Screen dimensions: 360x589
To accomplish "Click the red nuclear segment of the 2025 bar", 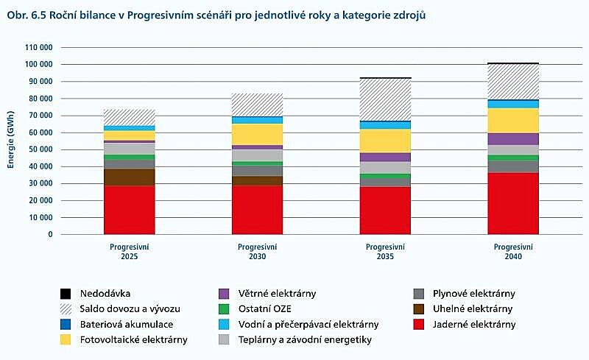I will [x=129, y=210].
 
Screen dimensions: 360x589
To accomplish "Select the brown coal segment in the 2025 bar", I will [x=129, y=177].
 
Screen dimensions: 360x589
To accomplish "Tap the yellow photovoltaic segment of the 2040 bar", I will [x=512, y=120].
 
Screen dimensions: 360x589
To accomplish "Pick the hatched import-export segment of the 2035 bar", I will [x=385, y=99].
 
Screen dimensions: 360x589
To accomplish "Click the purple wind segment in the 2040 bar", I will [x=512, y=138].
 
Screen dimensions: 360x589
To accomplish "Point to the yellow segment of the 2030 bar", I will [x=258, y=134].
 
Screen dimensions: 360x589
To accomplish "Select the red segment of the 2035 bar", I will [x=385, y=211].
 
